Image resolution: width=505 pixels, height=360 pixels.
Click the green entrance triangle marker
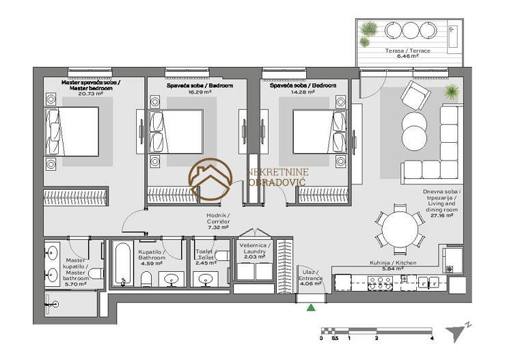tap(310, 308)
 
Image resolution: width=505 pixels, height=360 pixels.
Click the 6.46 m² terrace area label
tap(408, 56)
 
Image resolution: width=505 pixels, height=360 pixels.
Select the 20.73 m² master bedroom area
tap(90, 94)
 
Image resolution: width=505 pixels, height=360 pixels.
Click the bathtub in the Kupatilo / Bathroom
tap(122, 264)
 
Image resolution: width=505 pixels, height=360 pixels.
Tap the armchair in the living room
tap(415, 95)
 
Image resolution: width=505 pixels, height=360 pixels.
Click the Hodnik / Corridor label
tap(218, 219)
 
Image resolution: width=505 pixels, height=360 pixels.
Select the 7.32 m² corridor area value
tap(218, 227)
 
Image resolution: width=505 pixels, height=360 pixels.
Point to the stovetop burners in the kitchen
tap(380, 283)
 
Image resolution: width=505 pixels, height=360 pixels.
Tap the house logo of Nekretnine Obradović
tap(210, 180)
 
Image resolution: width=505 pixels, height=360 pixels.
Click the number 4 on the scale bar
tap(432, 338)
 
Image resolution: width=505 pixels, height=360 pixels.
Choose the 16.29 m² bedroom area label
tap(200, 92)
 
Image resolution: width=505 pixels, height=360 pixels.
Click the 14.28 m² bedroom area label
tap(303, 92)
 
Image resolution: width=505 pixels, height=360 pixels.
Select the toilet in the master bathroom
tap(96, 274)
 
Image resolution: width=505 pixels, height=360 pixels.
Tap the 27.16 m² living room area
tap(441, 215)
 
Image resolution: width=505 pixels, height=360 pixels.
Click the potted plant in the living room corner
tap(452, 92)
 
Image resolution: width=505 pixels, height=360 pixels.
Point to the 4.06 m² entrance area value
tap(310, 283)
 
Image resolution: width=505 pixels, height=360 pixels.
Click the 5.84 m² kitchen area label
tap(392, 268)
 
